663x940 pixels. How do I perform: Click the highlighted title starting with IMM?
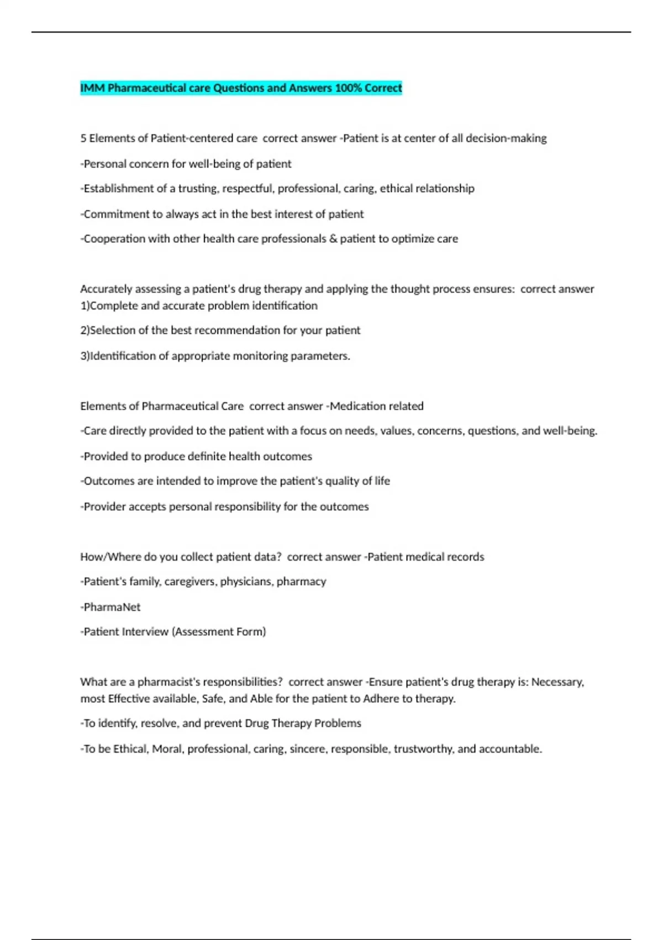coord(241,88)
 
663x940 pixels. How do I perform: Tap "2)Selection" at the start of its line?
coord(108,330)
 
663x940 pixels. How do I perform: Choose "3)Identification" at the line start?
coord(118,356)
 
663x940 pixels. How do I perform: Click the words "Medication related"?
coord(377,406)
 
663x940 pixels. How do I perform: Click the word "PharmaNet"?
coord(112,607)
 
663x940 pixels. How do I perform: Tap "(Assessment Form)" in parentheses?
coord(219,631)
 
